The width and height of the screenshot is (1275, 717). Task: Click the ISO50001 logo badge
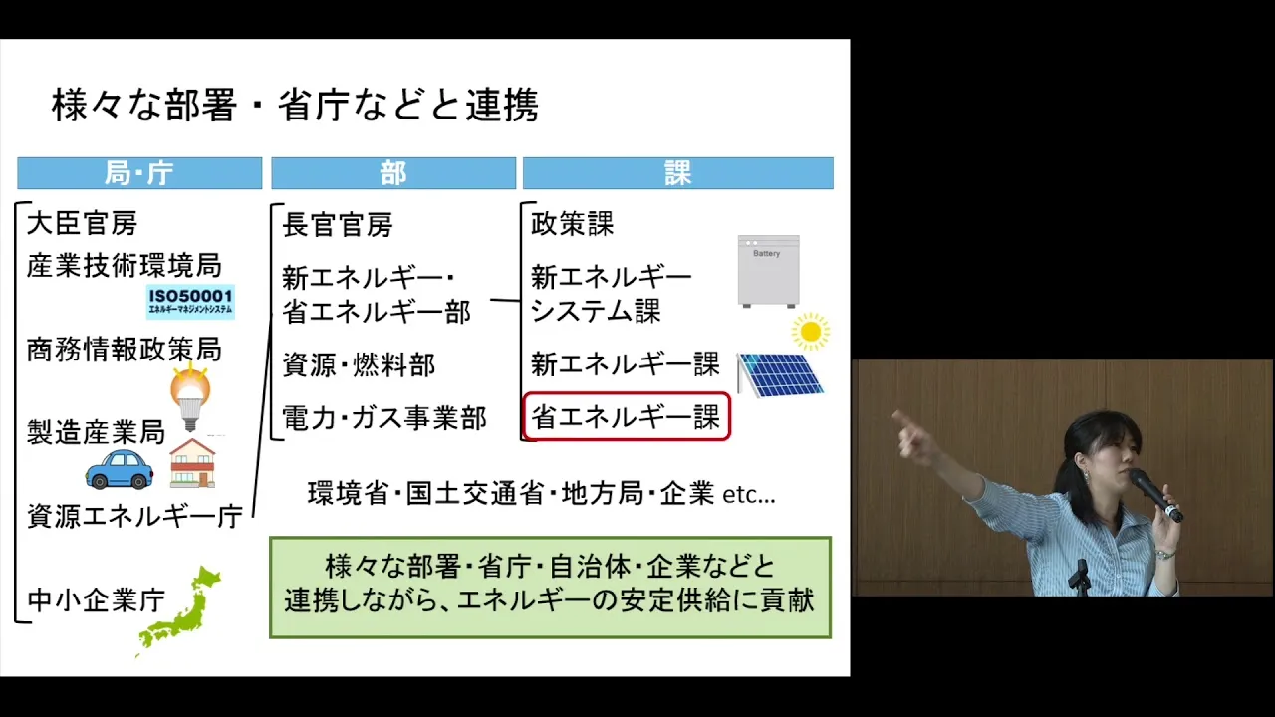(x=190, y=302)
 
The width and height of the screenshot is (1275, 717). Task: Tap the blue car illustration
(x=119, y=469)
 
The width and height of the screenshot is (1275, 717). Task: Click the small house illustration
(x=193, y=463)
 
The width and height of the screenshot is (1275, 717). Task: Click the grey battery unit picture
(x=768, y=272)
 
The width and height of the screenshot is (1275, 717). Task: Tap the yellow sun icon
(x=811, y=332)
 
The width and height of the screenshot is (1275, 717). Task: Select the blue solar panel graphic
(x=780, y=373)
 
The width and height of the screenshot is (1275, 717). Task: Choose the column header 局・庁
(x=139, y=173)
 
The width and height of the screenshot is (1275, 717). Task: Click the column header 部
(x=393, y=173)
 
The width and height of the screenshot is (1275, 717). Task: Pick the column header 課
(x=678, y=173)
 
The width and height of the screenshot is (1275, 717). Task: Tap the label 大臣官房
(x=82, y=222)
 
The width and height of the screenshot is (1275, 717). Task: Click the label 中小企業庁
(x=97, y=599)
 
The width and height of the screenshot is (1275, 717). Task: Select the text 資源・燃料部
(x=359, y=364)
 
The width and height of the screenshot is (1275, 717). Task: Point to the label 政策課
(x=572, y=223)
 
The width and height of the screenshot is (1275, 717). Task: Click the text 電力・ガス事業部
(x=384, y=418)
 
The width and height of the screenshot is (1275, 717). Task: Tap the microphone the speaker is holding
(x=1155, y=495)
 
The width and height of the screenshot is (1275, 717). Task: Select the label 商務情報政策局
(x=125, y=350)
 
